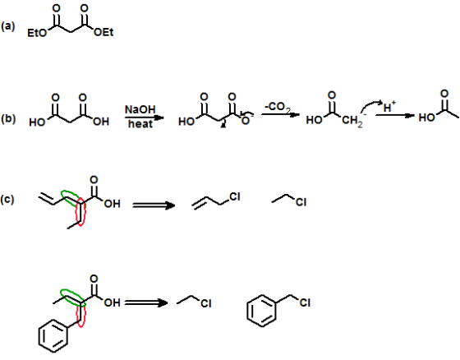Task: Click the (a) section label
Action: pos(7,26)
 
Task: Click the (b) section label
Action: pos(8,118)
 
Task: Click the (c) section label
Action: pos(7,200)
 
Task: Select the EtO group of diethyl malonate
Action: pos(37,33)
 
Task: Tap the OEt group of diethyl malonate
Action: pos(103,32)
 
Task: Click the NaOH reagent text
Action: pos(140,109)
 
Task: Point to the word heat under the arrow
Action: pos(140,123)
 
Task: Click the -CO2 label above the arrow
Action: pos(278,108)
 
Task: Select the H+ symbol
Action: pos(389,107)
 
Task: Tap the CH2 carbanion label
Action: pos(352,121)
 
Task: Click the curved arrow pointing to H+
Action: pos(371,106)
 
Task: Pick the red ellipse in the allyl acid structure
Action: pos(80,212)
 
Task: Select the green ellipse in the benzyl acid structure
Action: pos(73,298)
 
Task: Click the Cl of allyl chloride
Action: pos(235,197)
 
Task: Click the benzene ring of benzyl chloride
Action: pos(261,311)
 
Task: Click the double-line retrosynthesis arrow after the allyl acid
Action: pos(154,205)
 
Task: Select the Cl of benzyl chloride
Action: pos(305,302)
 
